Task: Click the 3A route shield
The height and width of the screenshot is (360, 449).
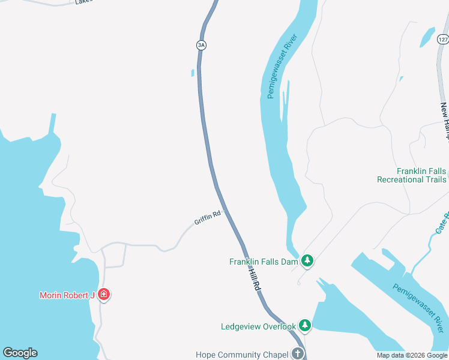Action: pyautogui.click(x=201, y=45)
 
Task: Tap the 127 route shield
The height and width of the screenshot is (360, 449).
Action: pyautogui.click(x=443, y=40)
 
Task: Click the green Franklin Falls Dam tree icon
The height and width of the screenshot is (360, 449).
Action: pyautogui.click(x=307, y=261)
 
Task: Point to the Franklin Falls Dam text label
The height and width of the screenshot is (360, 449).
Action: pyautogui.click(x=264, y=262)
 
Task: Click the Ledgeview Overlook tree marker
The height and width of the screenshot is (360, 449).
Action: pyautogui.click(x=305, y=326)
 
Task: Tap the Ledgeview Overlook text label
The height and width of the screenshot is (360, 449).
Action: pyautogui.click(x=258, y=326)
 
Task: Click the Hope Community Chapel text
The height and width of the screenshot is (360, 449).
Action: pyautogui.click(x=241, y=355)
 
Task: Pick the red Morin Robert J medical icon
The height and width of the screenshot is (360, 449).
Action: pyautogui.click(x=104, y=295)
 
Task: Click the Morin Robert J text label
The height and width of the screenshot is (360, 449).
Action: pyautogui.click(x=67, y=295)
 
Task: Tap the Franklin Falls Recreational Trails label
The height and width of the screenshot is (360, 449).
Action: pyautogui.click(x=412, y=175)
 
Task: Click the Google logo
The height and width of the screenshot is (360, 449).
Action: pyautogui.click(x=20, y=353)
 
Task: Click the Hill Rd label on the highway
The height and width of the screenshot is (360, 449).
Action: pyautogui.click(x=254, y=280)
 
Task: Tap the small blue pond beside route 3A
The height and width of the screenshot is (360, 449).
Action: pyautogui.click(x=193, y=73)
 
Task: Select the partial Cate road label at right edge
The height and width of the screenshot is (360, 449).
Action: pyautogui.click(x=441, y=223)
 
